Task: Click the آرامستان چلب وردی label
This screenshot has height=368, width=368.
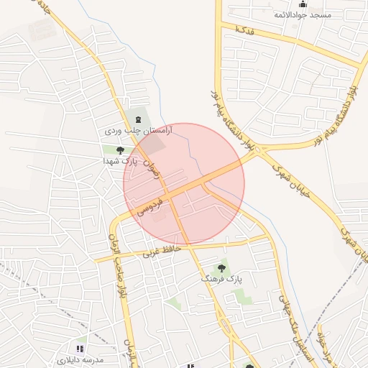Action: (130, 132)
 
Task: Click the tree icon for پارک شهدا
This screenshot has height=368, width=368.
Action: (119, 150)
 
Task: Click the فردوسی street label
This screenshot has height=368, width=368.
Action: (150, 207)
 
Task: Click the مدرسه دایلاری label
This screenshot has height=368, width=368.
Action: (80, 358)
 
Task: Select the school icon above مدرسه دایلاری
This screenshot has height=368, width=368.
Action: (80, 349)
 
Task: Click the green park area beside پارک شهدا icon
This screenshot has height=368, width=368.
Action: (110, 149)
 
